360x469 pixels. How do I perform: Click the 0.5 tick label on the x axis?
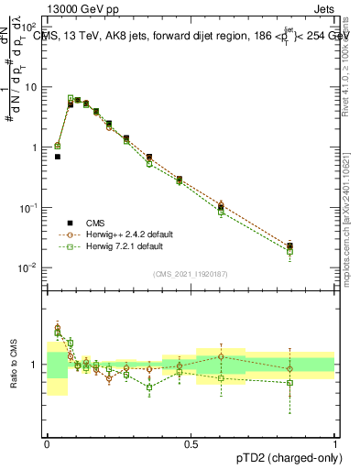point(191,443)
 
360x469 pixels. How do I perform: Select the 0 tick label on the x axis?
point(48,443)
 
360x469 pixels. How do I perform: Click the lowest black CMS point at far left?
point(57,157)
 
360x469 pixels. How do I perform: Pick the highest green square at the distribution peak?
point(70,97)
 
